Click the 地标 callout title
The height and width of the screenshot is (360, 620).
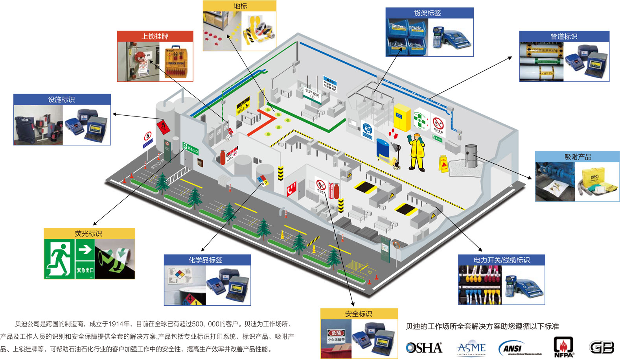pyautogui.click(x=240, y=6)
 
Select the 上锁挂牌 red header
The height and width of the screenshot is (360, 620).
pyautogui.click(x=155, y=36)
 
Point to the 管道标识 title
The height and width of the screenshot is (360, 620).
pyautogui.click(x=564, y=36)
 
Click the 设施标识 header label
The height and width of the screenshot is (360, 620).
pyautogui.click(x=61, y=100)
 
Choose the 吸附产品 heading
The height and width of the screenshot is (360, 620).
pyautogui.click(x=578, y=157)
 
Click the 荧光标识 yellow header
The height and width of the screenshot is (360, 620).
pyautogui.click(x=88, y=233)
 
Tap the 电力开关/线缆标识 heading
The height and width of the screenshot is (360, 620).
pyautogui.click(x=501, y=260)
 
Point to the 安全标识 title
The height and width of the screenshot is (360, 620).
pyautogui.click(x=359, y=314)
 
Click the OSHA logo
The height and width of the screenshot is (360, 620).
pyautogui.click(x=424, y=348)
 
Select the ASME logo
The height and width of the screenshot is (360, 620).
pyautogui.click(x=471, y=348)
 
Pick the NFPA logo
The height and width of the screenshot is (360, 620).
pyautogui.click(x=563, y=347)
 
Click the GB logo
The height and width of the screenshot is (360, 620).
pyautogui.click(x=602, y=347)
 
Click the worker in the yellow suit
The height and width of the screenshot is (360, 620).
pyautogui.click(x=417, y=152)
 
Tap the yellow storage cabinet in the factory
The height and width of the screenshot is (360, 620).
pyautogui.click(x=402, y=117)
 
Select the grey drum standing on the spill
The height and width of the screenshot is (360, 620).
pyautogui.click(x=471, y=156)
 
